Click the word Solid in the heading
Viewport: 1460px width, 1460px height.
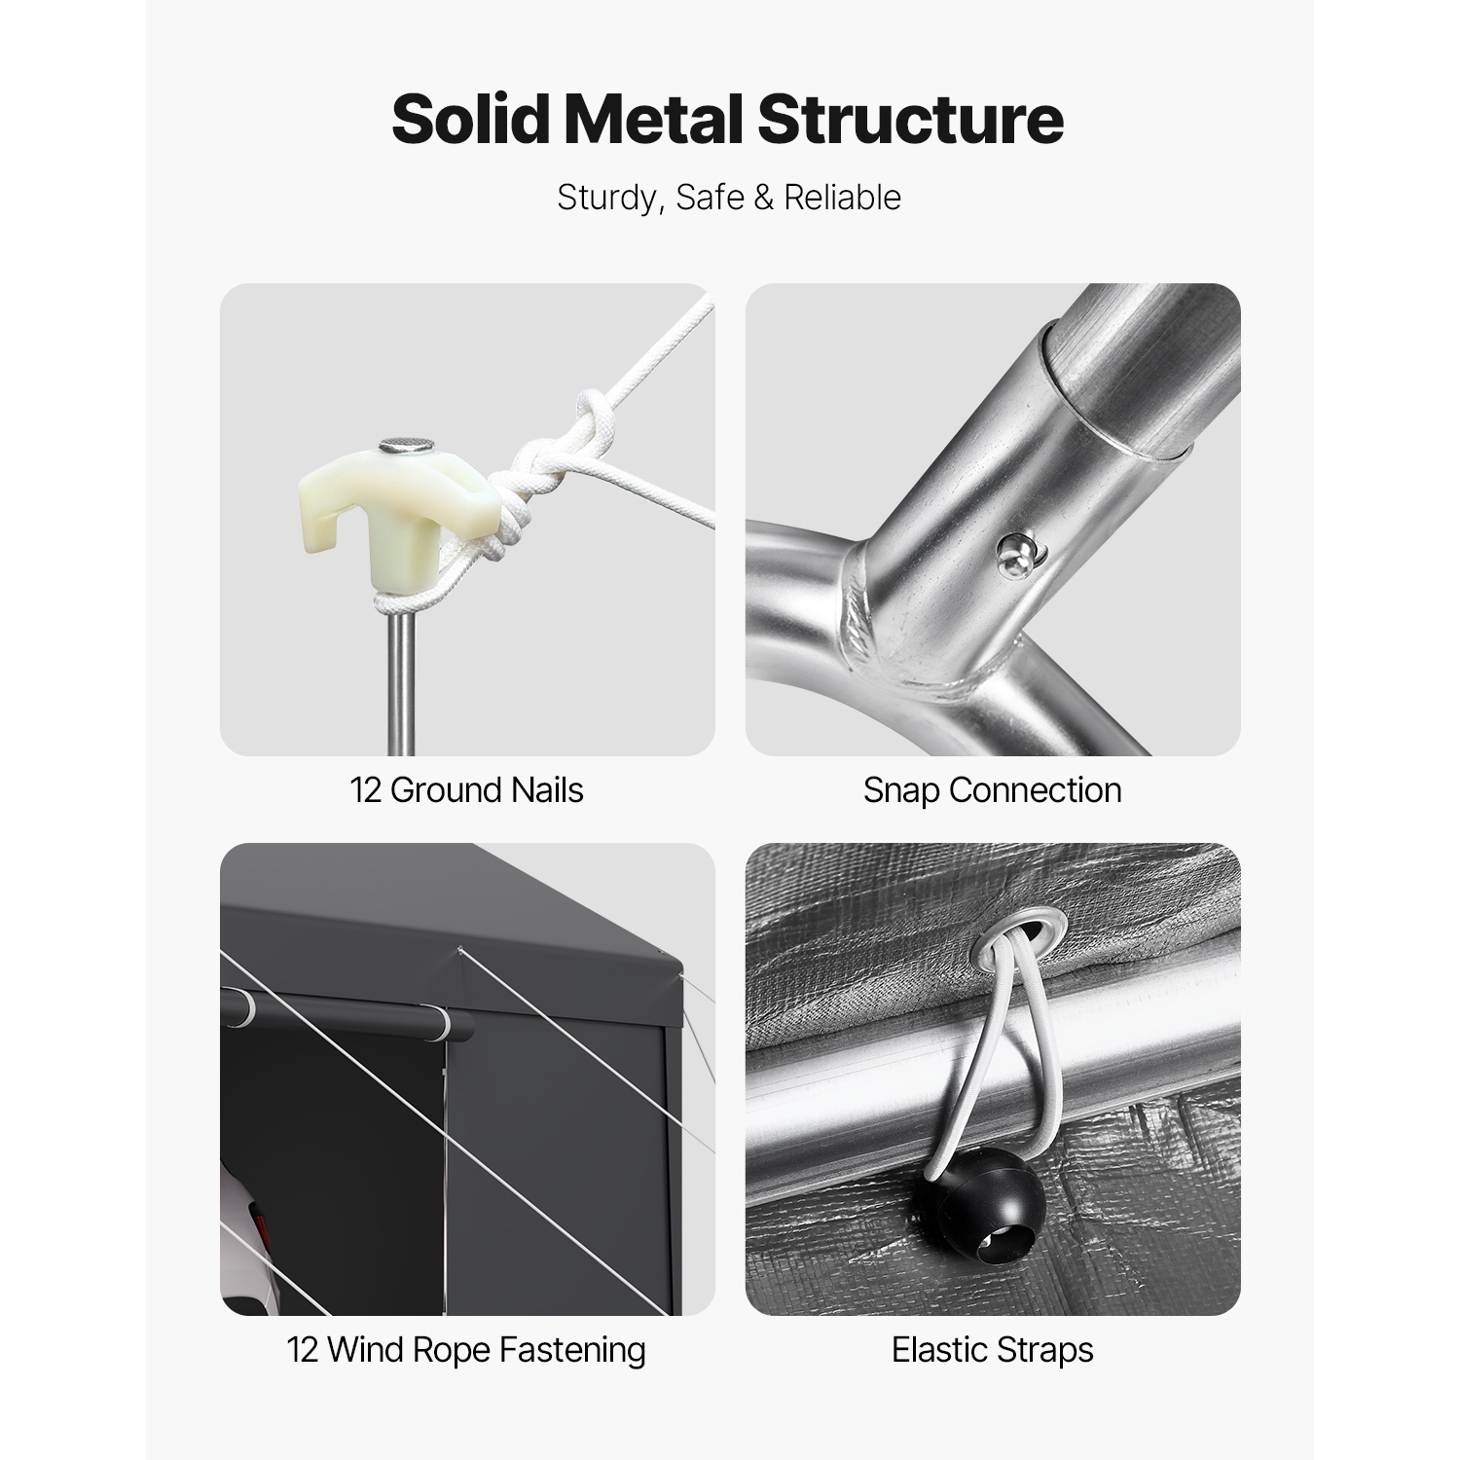tap(472, 119)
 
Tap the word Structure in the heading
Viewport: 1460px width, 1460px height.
tap(909, 119)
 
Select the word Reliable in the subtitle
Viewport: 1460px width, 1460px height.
tap(843, 198)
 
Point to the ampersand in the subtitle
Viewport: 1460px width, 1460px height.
tap(764, 198)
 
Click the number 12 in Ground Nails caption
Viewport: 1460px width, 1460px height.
tap(366, 790)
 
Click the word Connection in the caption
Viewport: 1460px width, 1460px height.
tap(1036, 790)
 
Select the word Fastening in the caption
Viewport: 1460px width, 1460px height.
tap(572, 1351)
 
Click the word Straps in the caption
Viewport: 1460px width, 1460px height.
tap(1046, 1352)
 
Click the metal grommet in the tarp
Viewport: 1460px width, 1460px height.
tap(1014, 931)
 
